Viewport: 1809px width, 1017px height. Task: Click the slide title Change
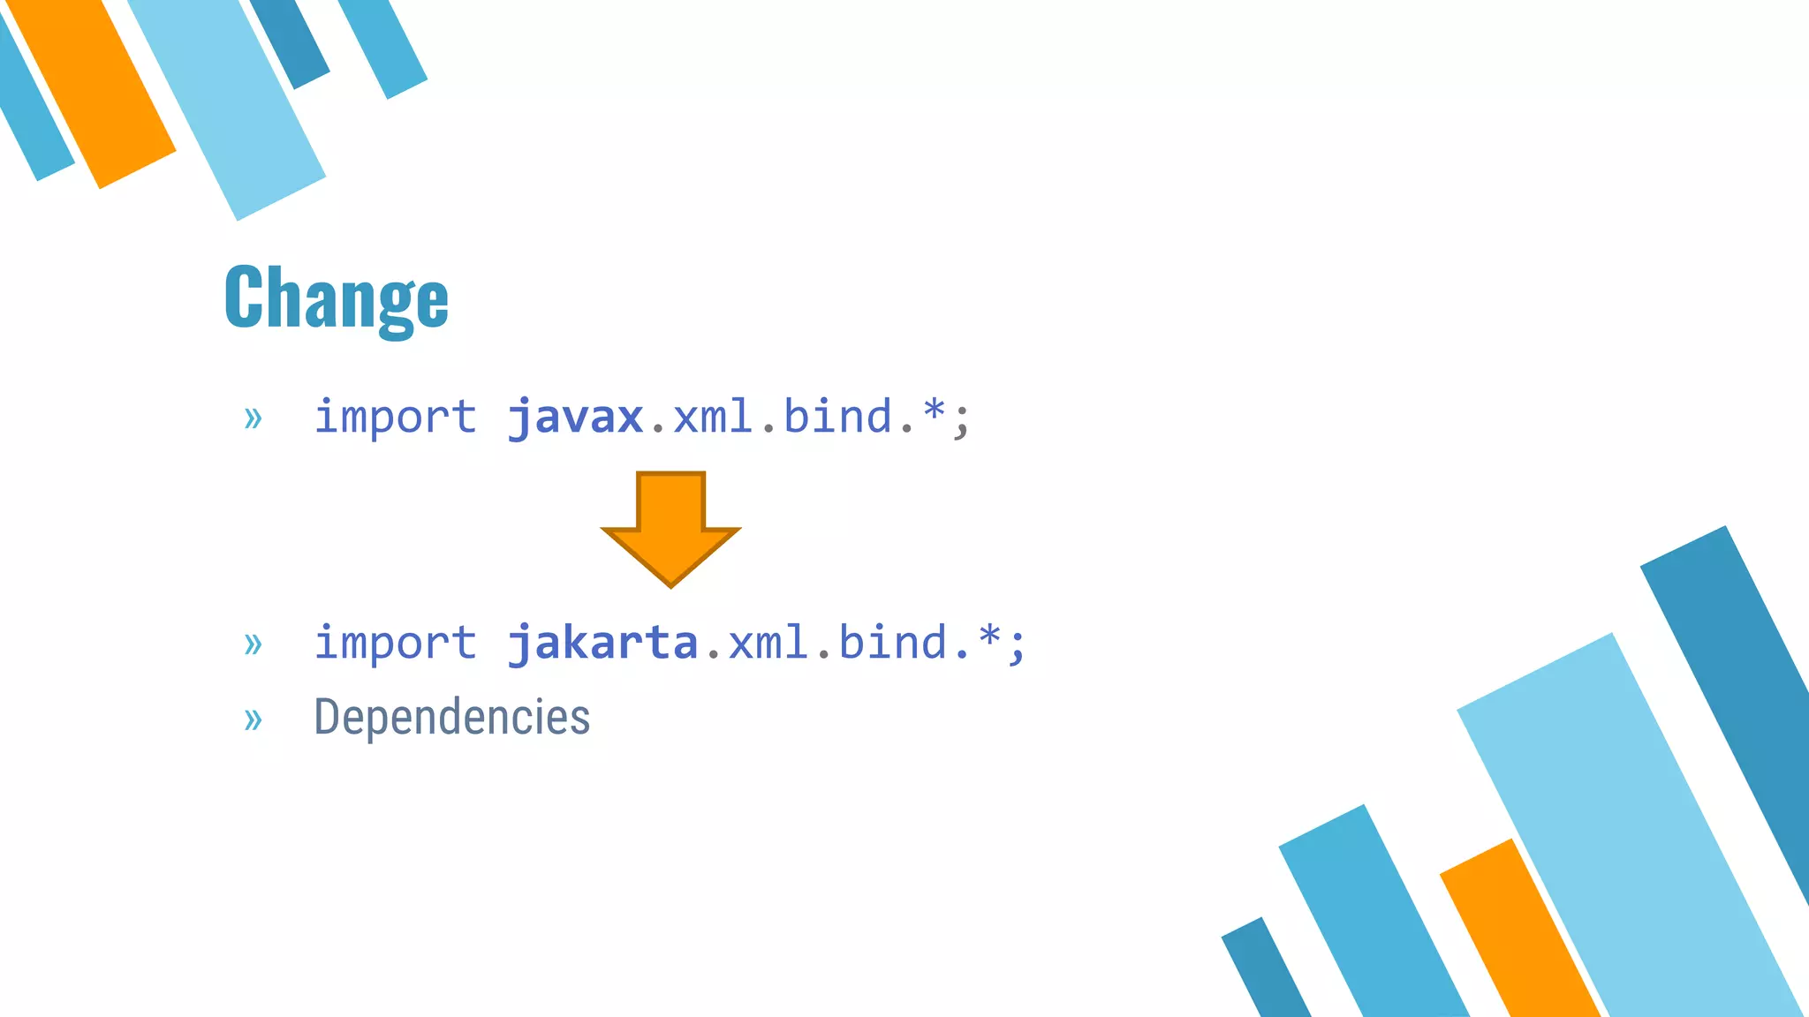pos(337,298)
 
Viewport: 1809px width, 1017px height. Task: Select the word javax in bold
pos(575,417)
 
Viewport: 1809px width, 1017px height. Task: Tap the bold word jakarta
pos(602,643)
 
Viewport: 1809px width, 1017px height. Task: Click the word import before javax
pos(395,417)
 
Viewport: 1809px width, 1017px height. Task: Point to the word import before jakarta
pos(395,643)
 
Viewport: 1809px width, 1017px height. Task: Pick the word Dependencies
pos(451,717)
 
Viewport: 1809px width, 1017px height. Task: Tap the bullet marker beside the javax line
pos(254,418)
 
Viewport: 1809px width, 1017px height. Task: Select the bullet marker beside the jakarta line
pos(254,644)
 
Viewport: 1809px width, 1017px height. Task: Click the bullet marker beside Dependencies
pos(254,719)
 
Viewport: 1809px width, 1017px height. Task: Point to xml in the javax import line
pos(713,417)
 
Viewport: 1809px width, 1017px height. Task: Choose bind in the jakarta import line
pos(892,643)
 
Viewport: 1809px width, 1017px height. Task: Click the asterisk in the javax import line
pos(935,411)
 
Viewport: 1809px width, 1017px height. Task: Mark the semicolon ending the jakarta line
pos(1018,646)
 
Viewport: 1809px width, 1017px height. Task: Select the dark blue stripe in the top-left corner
pos(290,40)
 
